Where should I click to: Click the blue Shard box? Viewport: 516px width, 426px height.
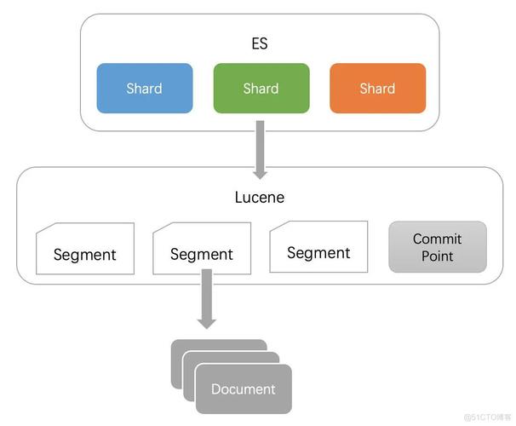pos(144,88)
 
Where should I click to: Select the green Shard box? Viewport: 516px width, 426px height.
pos(261,88)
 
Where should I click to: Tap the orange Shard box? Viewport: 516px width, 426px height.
pos(377,88)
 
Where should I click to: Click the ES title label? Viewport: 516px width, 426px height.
pos(261,43)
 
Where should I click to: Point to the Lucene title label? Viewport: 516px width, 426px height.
pos(260,197)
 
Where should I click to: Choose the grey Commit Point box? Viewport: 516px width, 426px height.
pos(438,247)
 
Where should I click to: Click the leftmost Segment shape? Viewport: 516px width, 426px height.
pos(85,249)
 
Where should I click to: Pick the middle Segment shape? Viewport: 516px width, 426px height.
pos(202,249)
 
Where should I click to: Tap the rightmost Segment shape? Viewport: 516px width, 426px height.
pos(318,247)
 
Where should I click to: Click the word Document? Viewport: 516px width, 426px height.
pos(244,389)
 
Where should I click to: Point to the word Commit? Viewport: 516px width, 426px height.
pos(438,239)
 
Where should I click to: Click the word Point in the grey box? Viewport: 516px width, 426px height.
pos(438,256)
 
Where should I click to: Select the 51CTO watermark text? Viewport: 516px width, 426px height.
pos(486,417)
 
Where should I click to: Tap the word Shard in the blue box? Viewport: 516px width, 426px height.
pos(144,88)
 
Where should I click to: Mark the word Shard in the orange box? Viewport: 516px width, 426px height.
pos(377,88)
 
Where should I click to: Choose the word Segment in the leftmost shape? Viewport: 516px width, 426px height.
pos(85,254)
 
